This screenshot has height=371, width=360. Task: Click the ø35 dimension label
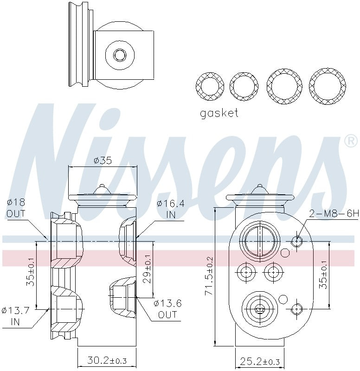click(103, 161)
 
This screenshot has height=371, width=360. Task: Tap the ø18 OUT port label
click(16, 208)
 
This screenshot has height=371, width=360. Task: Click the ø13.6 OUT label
click(167, 309)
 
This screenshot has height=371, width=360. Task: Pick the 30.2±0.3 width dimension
click(107, 360)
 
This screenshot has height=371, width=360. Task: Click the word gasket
click(219, 113)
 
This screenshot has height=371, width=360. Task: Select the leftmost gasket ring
click(209, 86)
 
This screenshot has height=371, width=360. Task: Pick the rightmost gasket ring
click(328, 86)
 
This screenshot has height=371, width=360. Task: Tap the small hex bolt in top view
click(120, 55)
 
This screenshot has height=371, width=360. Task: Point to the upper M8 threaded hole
click(296, 241)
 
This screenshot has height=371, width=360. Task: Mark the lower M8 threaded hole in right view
click(296, 309)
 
